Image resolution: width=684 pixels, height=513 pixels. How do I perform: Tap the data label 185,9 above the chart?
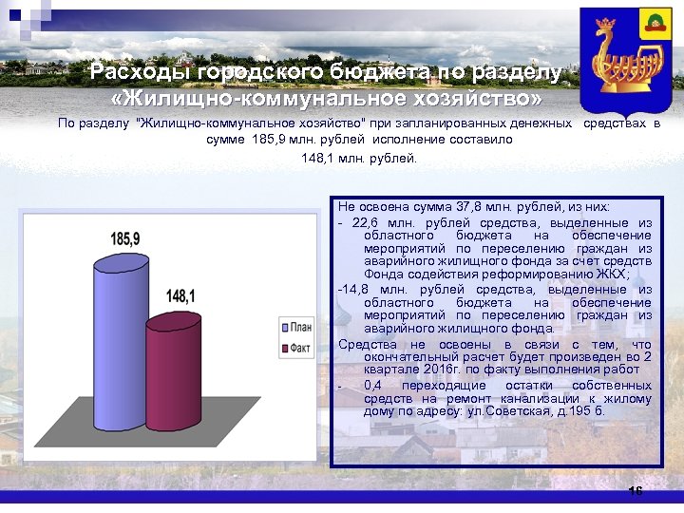point(124,238)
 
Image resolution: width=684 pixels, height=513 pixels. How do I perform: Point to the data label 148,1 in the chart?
point(180,296)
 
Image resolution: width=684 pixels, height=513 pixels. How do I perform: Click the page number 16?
point(636,491)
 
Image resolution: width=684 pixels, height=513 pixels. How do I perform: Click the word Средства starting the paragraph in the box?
point(363,344)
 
